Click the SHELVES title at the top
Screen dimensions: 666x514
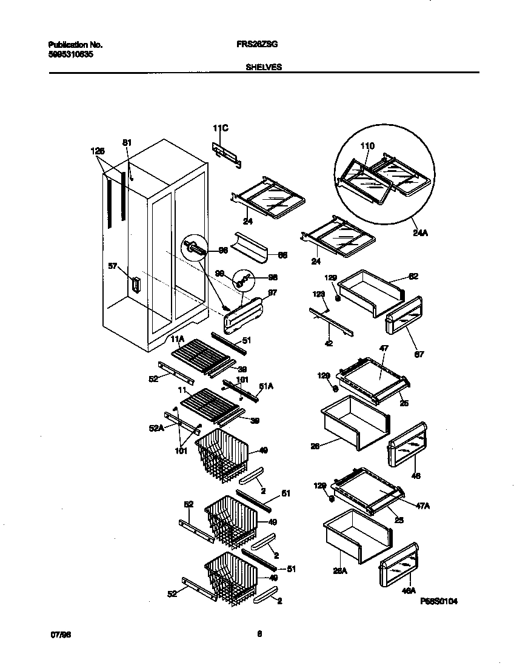coord(264,68)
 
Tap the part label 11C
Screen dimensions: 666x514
coord(220,128)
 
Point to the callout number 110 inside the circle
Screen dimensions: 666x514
coord(367,146)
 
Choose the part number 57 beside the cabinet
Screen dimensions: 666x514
coord(112,266)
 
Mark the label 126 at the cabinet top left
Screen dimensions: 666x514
coord(97,151)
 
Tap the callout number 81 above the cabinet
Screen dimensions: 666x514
coord(127,142)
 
